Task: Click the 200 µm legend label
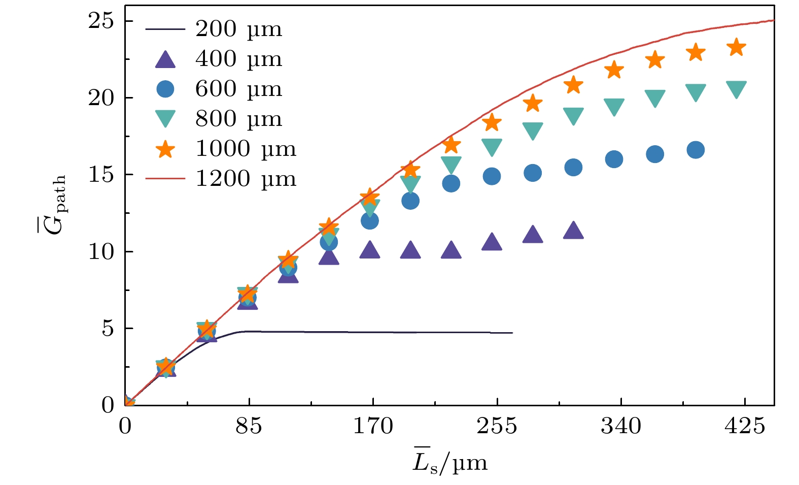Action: (x=238, y=29)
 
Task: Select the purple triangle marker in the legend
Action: (x=165, y=59)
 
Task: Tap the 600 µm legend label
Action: (x=238, y=89)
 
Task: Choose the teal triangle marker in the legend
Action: (x=165, y=119)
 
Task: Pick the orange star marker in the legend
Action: (x=165, y=149)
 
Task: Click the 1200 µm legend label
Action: (x=246, y=179)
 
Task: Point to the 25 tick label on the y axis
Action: (x=102, y=21)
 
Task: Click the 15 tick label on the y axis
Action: (x=102, y=175)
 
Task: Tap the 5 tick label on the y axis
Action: (x=108, y=329)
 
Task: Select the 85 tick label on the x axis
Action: (x=249, y=426)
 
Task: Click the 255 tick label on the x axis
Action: (x=497, y=426)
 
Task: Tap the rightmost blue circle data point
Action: (x=696, y=150)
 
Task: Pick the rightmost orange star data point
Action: (x=736, y=48)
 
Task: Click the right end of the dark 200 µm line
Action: (x=512, y=333)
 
